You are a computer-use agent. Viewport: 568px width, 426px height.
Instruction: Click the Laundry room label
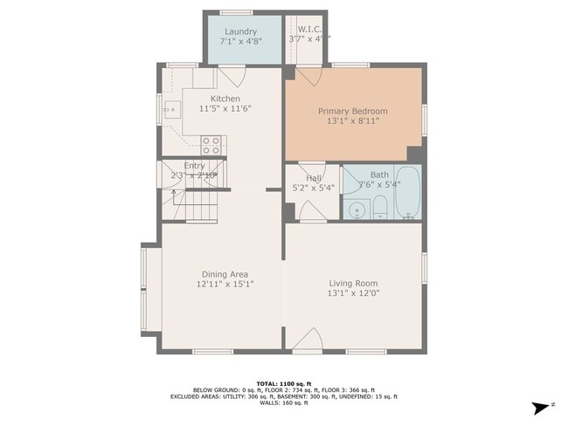click(239, 31)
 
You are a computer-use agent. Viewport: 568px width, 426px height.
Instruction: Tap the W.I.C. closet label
click(310, 28)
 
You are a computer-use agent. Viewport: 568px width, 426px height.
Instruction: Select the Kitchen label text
click(225, 99)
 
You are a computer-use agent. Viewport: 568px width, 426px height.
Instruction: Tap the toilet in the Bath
click(380, 208)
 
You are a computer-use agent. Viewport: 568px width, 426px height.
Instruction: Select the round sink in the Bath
click(356, 210)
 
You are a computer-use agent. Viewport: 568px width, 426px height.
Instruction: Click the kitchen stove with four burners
click(211, 145)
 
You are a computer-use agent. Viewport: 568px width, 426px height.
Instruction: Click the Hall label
click(313, 178)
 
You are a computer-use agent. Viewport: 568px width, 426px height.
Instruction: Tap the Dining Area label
click(225, 274)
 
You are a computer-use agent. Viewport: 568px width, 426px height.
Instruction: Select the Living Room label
click(353, 283)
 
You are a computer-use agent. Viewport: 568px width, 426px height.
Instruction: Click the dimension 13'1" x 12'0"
click(353, 293)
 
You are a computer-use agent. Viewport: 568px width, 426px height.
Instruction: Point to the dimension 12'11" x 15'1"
click(225, 285)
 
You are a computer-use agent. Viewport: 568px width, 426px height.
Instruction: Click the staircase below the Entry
click(197, 209)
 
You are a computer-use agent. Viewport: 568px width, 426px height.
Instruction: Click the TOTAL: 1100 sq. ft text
click(284, 383)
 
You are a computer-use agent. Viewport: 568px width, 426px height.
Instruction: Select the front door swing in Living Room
click(305, 341)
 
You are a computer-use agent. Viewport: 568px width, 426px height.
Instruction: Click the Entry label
click(194, 165)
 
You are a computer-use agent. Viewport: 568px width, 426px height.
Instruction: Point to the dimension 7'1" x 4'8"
click(239, 42)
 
